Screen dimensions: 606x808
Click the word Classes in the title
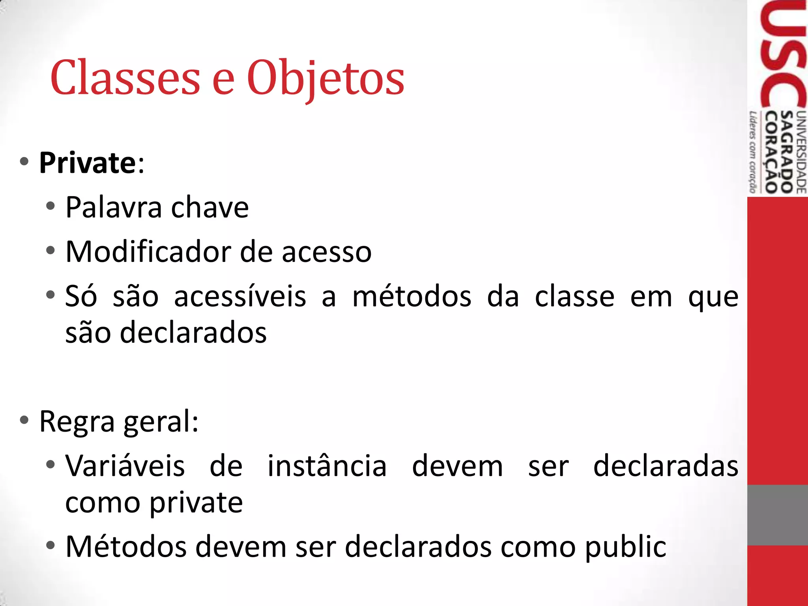tap(125, 77)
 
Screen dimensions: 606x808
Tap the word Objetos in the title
tap(325, 78)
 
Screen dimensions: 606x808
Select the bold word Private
tap(88, 163)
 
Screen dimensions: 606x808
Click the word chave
tap(209, 207)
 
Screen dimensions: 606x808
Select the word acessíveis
tap(240, 296)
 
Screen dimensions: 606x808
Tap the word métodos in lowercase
tap(411, 296)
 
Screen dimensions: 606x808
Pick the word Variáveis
tap(125, 466)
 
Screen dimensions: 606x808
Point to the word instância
tap(327, 466)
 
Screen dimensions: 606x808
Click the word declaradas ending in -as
tap(666, 466)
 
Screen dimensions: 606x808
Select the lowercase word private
tap(196, 503)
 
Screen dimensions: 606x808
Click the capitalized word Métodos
tap(126, 547)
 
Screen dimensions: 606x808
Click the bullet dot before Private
tap(24, 161)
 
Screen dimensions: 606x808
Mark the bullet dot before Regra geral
tap(24, 420)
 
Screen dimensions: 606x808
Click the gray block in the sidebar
tap(777, 515)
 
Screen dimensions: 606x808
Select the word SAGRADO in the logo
tap(787, 152)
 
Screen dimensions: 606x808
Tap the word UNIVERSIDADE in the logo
tap(801, 152)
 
